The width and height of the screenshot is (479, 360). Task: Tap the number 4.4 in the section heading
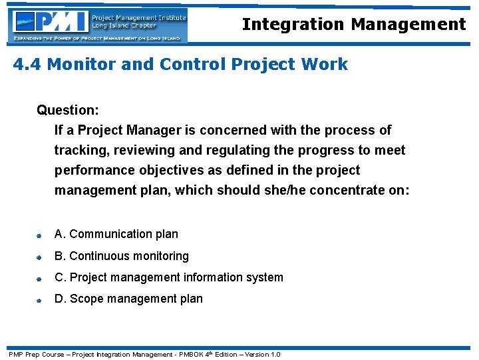27,65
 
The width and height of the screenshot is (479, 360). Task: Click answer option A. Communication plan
116,234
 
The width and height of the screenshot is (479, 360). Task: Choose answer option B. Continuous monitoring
122,256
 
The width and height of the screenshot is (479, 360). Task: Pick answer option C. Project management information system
169,277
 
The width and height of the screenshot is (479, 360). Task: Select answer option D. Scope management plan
128,299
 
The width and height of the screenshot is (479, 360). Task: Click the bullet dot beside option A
40,235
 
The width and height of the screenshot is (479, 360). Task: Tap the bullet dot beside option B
40,257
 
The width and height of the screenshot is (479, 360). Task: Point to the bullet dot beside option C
40,279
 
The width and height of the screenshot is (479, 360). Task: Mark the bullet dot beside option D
40,300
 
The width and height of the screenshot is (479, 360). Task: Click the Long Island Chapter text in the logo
124,26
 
